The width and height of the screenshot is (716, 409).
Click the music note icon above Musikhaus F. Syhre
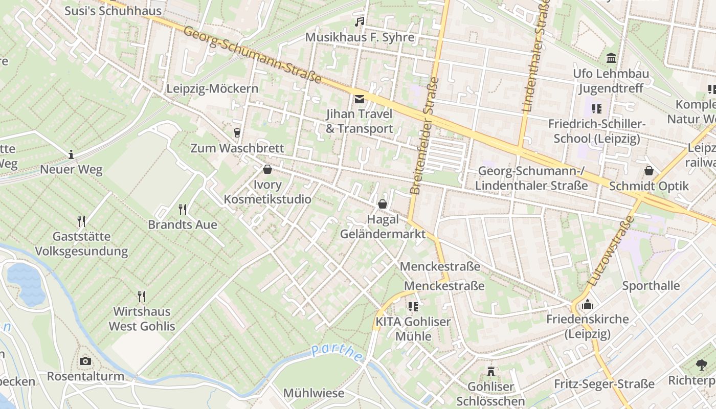tap(360, 21)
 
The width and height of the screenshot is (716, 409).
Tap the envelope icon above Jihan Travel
tap(360, 99)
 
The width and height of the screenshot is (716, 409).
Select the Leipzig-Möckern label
tap(212, 88)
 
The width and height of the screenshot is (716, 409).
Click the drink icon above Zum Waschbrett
tap(237, 133)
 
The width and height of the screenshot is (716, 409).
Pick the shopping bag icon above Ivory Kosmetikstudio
tap(267, 169)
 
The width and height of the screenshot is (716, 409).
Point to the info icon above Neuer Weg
tap(71, 154)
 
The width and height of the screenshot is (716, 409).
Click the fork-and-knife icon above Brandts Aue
tap(182, 209)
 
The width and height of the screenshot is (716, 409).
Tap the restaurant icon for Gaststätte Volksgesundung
tap(81, 221)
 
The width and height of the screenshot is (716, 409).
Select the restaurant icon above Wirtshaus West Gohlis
tap(142, 296)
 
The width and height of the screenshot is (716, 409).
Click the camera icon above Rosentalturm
tap(85, 361)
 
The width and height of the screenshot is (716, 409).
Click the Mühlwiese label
tap(314, 393)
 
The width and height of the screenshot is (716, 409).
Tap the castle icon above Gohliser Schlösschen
tap(491, 371)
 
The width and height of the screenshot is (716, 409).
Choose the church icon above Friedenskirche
tap(588, 304)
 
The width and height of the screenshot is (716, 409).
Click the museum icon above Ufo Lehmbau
tap(611, 58)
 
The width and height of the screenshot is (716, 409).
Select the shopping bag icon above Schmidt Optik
tap(649, 171)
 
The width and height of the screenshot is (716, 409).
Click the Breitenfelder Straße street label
tap(424, 135)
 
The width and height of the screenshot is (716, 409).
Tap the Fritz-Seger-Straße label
tap(604, 383)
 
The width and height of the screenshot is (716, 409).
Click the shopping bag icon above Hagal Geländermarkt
tap(383, 204)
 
